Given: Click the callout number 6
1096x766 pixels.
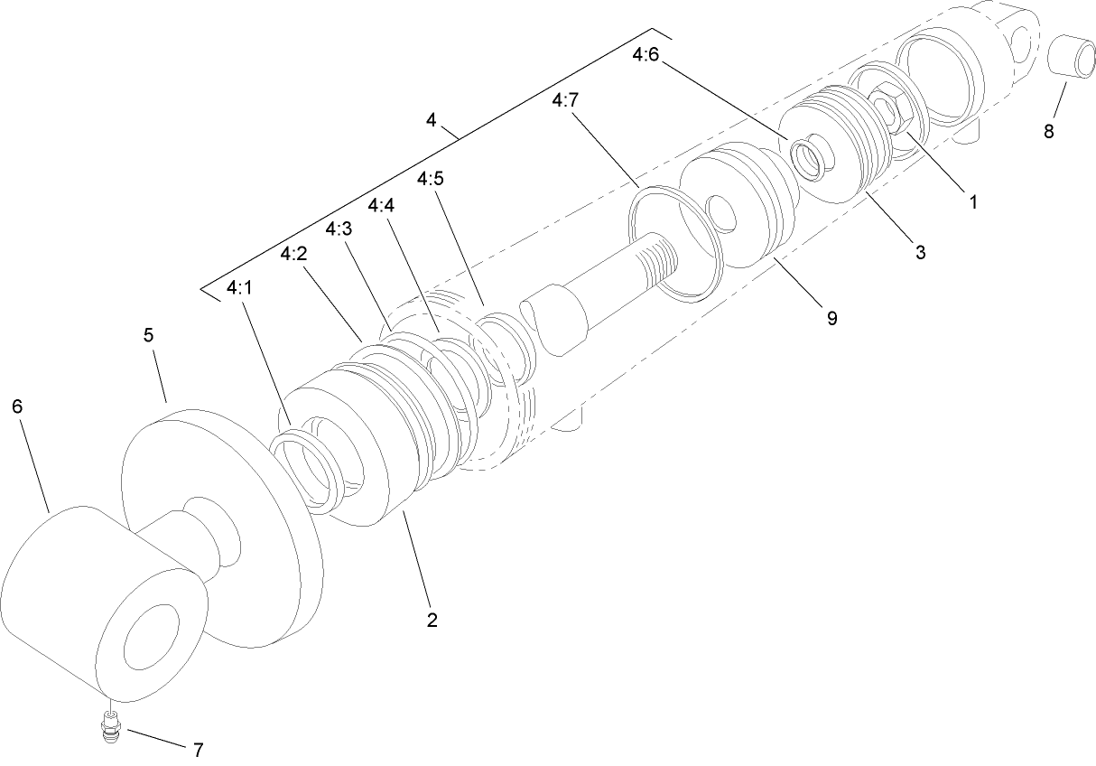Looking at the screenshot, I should click(17, 406).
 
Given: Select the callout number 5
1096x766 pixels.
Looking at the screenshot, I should click(149, 335).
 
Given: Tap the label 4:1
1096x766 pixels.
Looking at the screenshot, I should click(240, 287).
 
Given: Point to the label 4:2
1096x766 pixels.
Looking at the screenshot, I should click(293, 254).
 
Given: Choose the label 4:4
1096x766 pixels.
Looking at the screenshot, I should click(382, 205).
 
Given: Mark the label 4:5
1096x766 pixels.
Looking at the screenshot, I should click(430, 179).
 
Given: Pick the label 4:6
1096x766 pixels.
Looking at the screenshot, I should click(646, 55).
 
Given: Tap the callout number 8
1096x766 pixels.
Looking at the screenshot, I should click(1048, 131).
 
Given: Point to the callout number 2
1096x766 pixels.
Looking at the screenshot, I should click(432, 620).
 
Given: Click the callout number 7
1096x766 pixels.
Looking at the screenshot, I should click(198, 749).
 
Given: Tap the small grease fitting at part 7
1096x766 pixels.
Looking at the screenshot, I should click(110, 726).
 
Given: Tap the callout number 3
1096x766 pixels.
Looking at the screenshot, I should click(920, 253).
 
